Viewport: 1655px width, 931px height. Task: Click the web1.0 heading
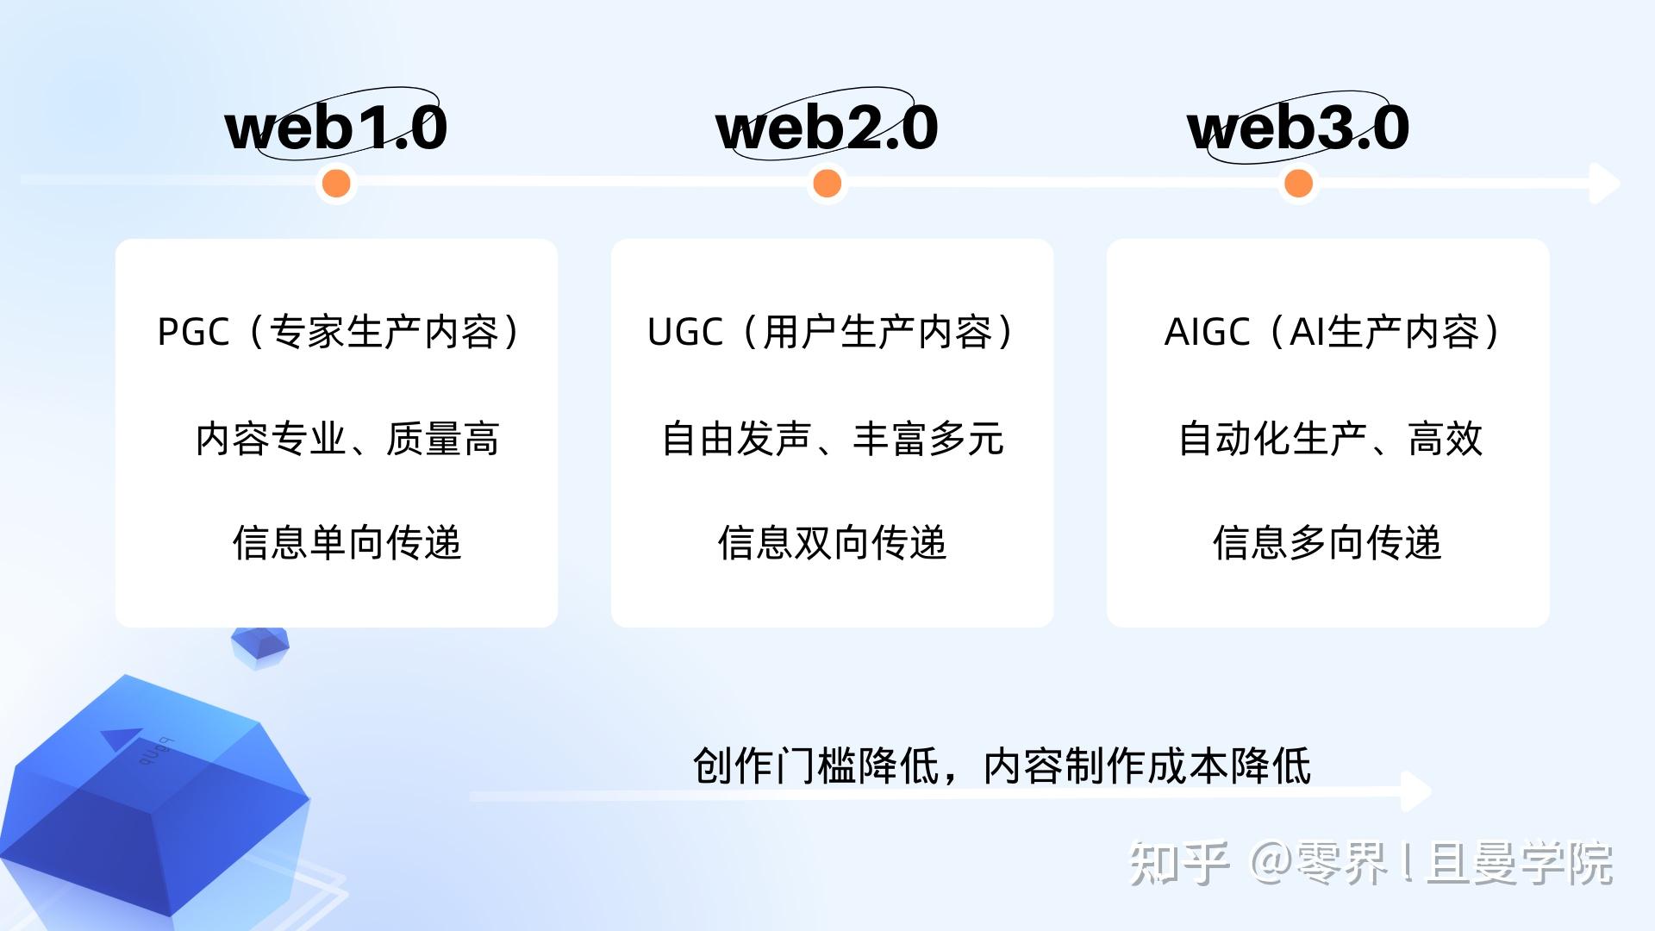click(x=336, y=128)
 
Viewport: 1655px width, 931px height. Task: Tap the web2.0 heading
click(x=827, y=128)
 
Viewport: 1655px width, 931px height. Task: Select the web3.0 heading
click(x=1298, y=128)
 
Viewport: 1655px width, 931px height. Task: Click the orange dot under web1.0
click(x=336, y=183)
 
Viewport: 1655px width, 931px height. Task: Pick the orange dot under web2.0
click(x=827, y=183)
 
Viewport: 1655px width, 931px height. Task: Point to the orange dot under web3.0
click(x=1298, y=183)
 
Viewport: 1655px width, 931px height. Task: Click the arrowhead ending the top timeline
click(x=1605, y=183)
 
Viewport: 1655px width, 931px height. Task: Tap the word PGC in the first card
click(x=193, y=333)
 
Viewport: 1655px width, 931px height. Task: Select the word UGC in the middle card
click(x=684, y=333)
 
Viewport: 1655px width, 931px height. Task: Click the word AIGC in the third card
click(x=1207, y=333)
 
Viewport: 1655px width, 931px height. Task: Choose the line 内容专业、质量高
click(x=347, y=439)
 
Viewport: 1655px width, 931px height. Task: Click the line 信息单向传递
click(x=347, y=543)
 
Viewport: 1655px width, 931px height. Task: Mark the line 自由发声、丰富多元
click(x=833, y=439)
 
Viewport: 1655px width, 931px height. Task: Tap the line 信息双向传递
click(x=833, y=543)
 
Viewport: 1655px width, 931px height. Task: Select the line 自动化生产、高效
click(x=1330, y=439)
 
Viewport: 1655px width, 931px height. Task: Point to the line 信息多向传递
click(x=1327, y=543)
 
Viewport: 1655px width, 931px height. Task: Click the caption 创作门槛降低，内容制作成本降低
click(x=1002, y=765)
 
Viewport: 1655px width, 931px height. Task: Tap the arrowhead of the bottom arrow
click(x=1416, y=791)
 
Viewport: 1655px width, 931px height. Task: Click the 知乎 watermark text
click(x=1178, y=862)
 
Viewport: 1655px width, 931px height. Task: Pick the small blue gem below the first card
click(x=260, y=647)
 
